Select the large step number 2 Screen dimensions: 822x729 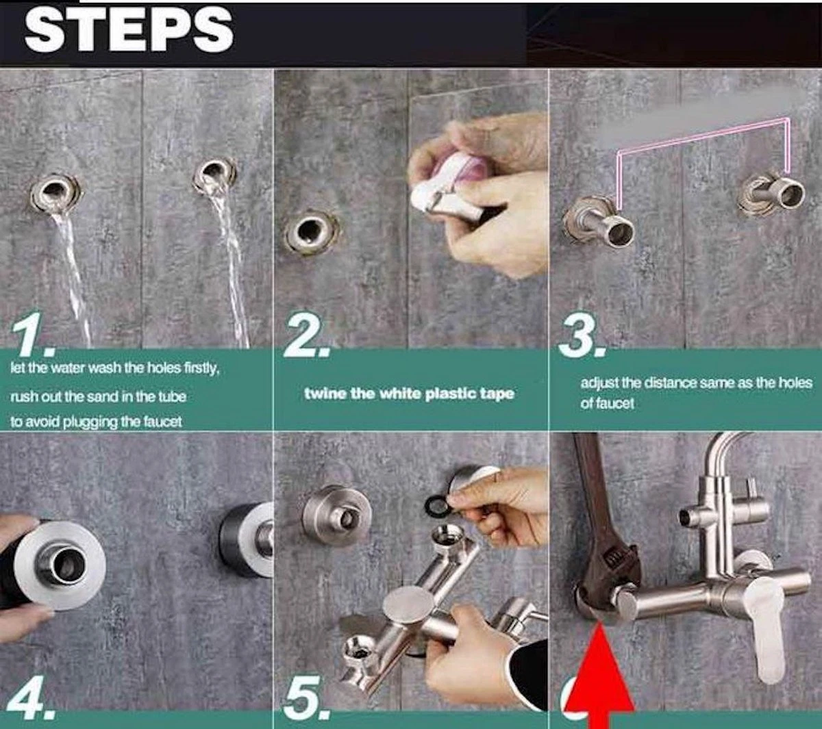click(x=306, y=337)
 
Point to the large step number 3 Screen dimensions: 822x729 click(x=581, y=337)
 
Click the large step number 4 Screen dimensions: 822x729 click(x=30, y=697)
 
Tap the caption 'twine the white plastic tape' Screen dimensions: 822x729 click(x=410, y=394)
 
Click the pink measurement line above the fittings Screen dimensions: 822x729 click(x=703, y=142)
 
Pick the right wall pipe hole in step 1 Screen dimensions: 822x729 click(x=215, y=175)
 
